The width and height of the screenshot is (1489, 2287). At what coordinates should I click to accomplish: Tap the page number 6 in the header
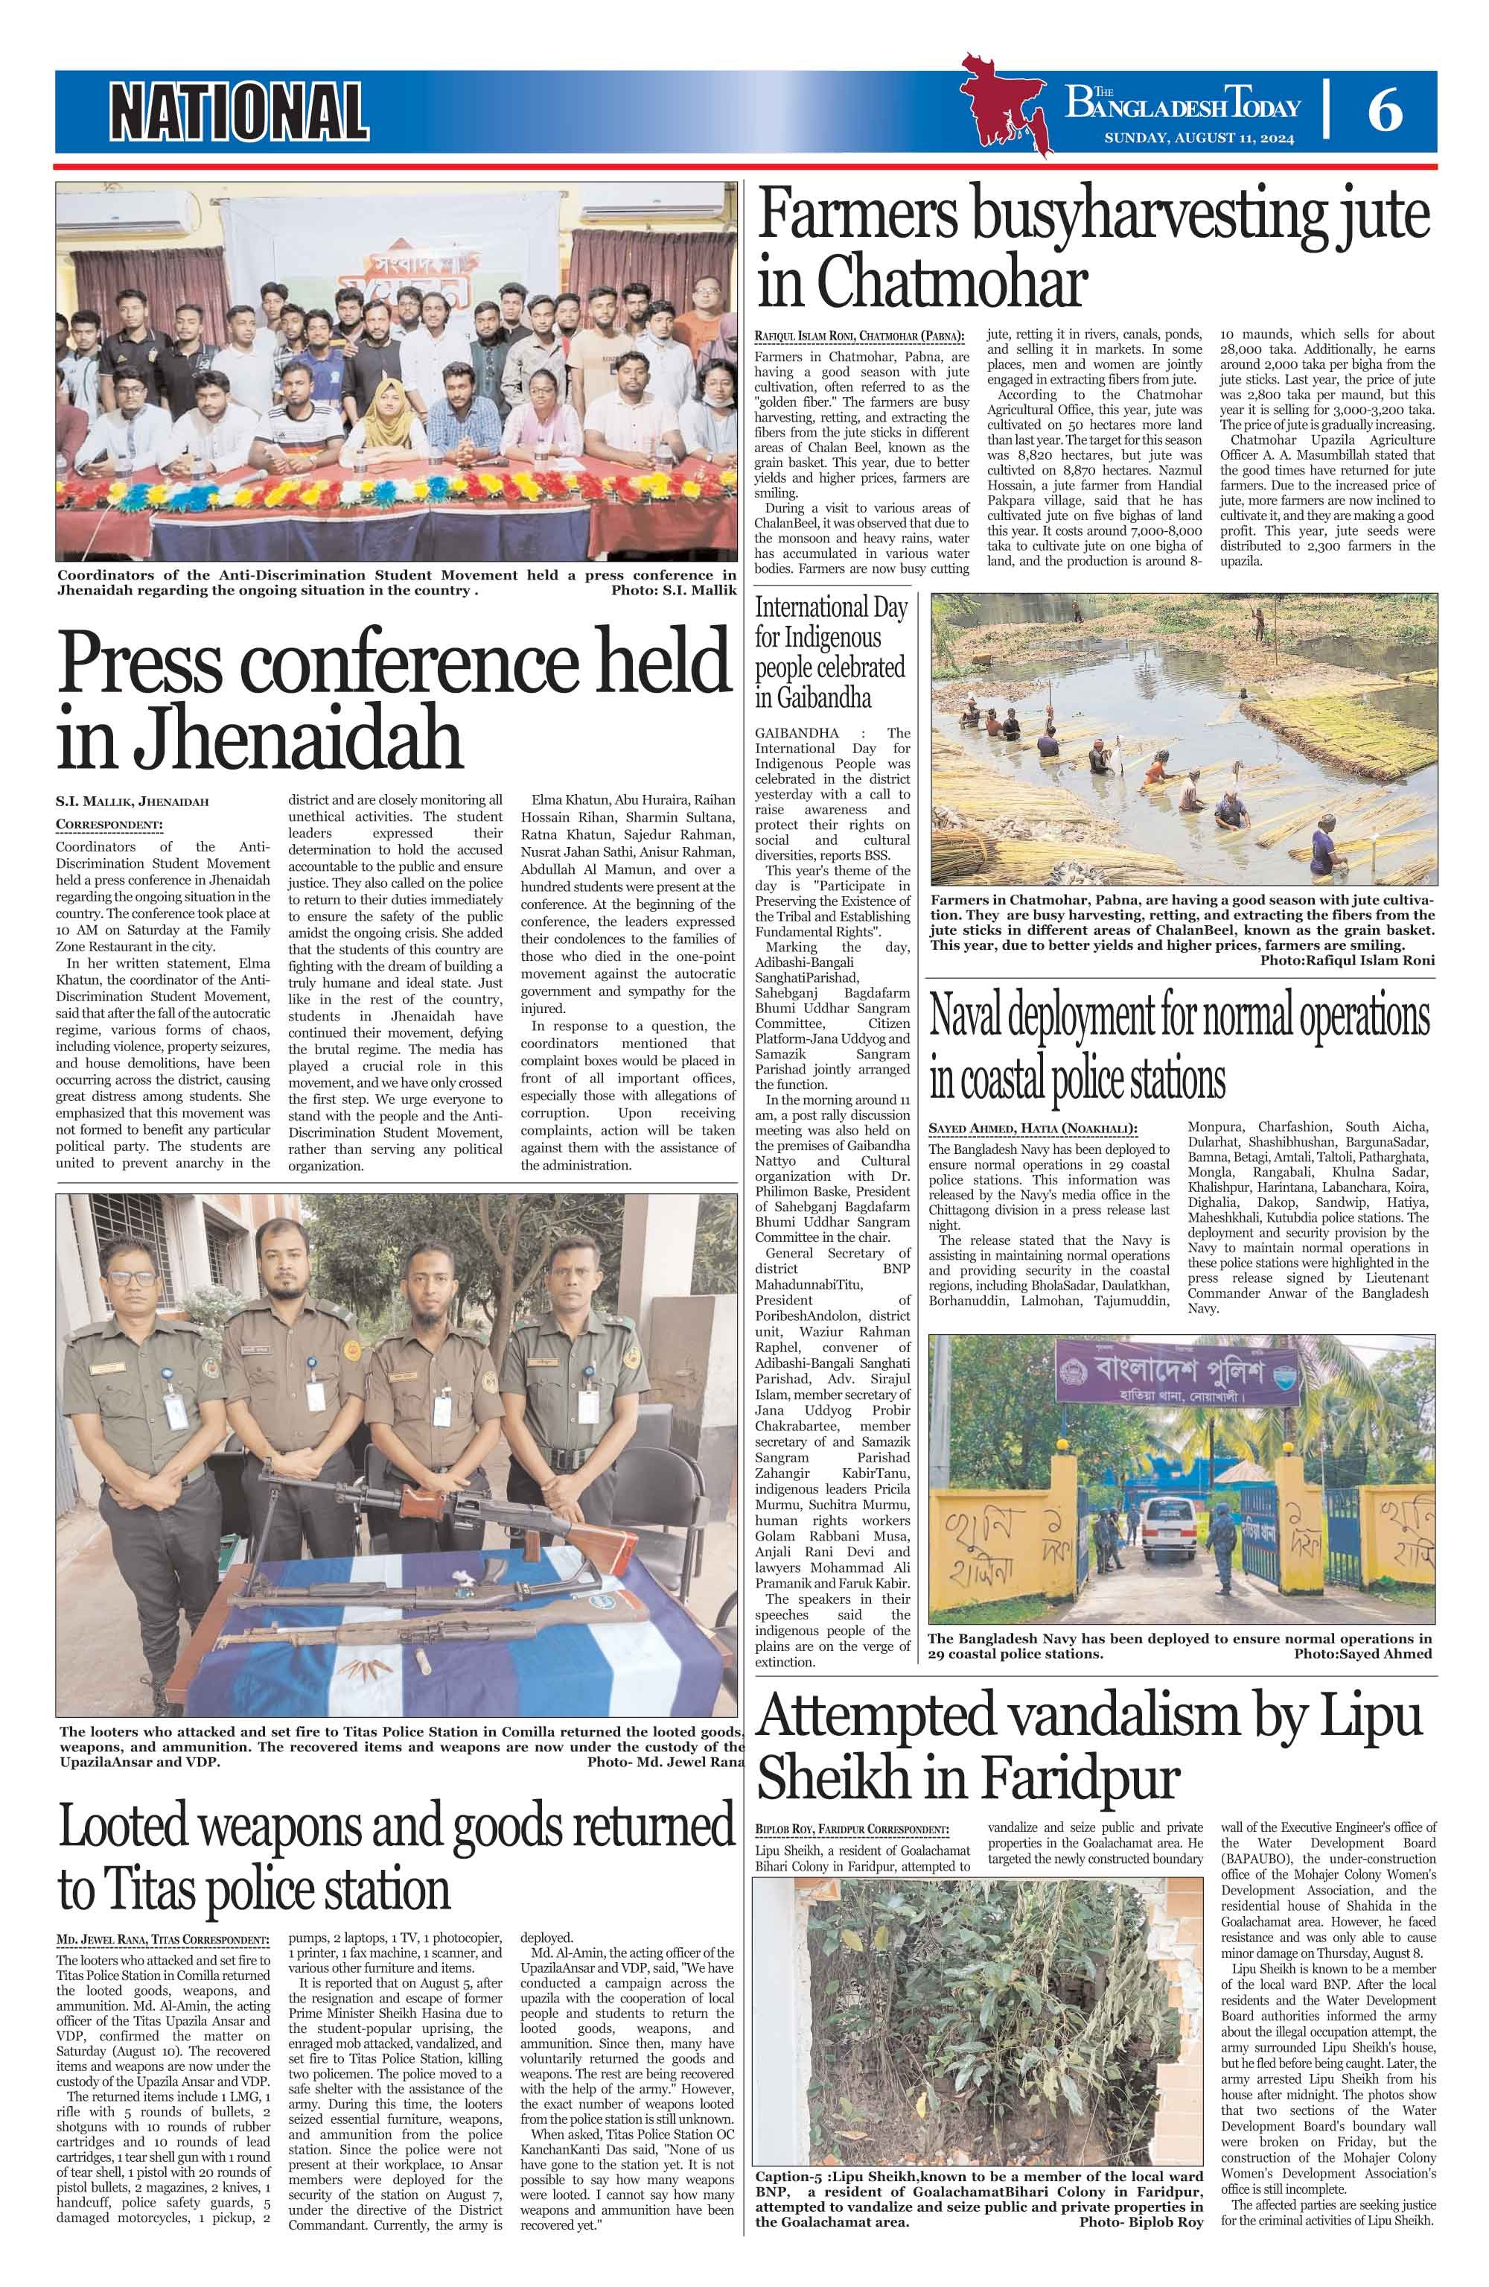(x=1384, y=112)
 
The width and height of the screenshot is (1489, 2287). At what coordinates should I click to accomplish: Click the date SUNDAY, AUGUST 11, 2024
(x=1198, y=139)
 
